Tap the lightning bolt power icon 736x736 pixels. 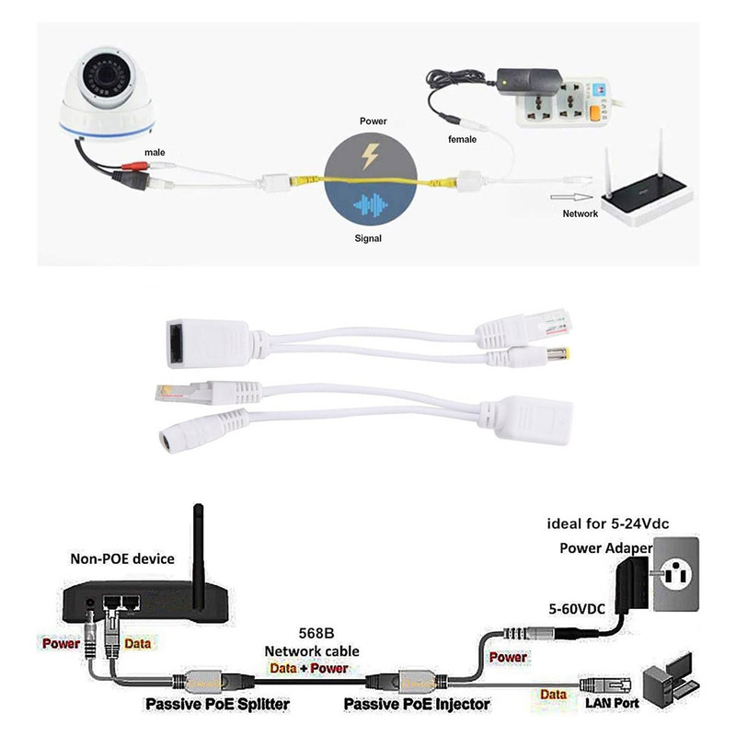369,156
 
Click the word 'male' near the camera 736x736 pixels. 155,152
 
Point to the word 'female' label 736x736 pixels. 461,140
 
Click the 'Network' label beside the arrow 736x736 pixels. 580,213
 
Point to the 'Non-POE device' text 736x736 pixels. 122,558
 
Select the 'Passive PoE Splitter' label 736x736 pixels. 217,705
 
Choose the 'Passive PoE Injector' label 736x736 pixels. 416,705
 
